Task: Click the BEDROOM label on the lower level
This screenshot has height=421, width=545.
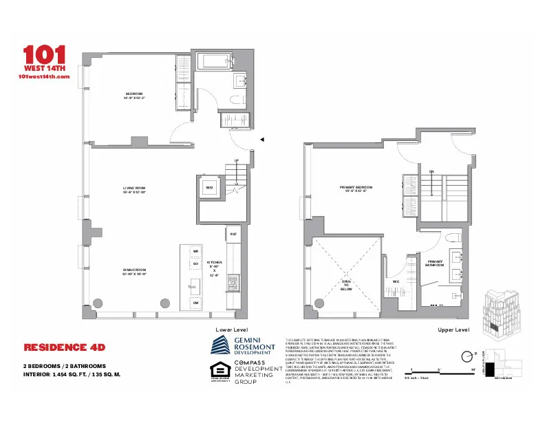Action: [134, 95]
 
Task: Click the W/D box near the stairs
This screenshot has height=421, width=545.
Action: [209, 187]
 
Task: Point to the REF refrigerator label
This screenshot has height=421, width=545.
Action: [233, 235]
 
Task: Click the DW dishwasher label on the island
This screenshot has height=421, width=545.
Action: [195, 302]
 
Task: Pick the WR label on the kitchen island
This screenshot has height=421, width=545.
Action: [195, 252]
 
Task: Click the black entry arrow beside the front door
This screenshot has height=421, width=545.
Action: [261, 140]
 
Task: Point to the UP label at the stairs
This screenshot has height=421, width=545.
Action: [237, 161]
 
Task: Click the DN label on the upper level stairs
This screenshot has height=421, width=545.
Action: [431, 171]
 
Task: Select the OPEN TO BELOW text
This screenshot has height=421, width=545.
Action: [347, 285]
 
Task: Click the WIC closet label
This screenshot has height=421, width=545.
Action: [396, 281]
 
